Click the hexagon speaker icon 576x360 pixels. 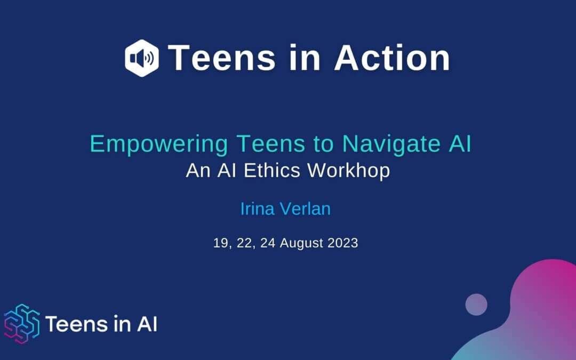pos(142,58)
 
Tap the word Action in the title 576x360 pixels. pos(392,58)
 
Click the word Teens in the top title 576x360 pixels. pos(221,58)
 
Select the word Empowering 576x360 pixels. pos(159,144)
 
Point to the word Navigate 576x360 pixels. pos(391,144)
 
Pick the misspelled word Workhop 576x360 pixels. pos(349,171)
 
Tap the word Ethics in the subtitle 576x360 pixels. pos(272,171)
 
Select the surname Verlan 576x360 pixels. pos(305,209)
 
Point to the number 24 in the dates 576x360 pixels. pos(268,243)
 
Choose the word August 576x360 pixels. pos(301,244)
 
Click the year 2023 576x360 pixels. pos(343,243)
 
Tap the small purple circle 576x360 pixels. pos(476,305)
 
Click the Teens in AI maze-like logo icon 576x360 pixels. pos(22,324)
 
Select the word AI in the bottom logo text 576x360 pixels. pos(147,324)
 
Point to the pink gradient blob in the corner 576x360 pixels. pos(540,312)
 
